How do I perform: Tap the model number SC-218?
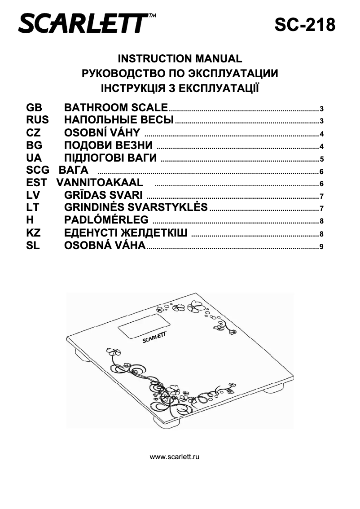pos(305,25)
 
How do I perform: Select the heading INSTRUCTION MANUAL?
pos(180,59)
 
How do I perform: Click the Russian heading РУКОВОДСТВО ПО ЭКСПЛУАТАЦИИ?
pos(180,73)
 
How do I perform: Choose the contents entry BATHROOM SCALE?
pos(116,108)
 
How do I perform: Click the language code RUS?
pos(37,120)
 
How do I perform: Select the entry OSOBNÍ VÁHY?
pos(102,133)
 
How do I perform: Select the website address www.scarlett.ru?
pos(175,457)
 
